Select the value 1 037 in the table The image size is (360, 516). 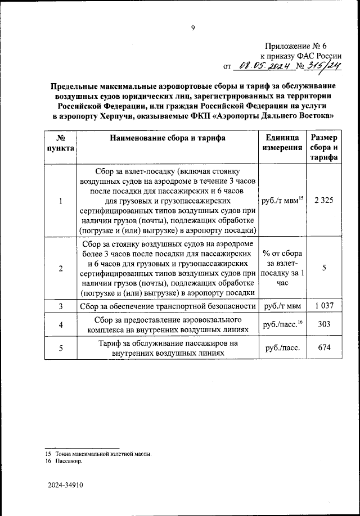[323, 306]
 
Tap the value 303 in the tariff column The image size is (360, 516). [323, 325]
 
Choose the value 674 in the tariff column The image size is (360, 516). [323, 348]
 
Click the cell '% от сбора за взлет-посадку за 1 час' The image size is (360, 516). [281, 268]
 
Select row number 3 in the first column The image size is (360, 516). [60, 306]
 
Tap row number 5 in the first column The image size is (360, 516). [60, 348]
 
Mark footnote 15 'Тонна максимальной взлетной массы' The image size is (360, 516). [102, 453]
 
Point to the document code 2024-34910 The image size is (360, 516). [65, 488]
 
